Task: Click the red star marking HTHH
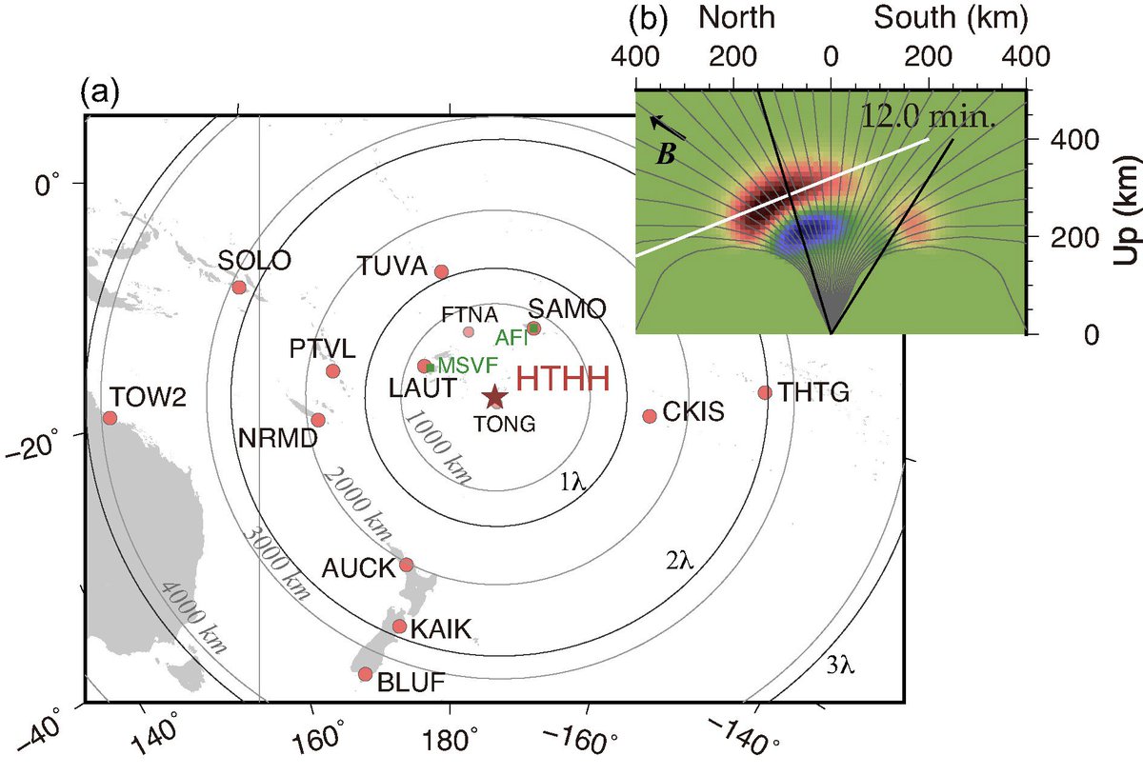pyautogui.click(x=494, y=396)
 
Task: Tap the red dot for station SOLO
pyautogui.click(x=238, y=288)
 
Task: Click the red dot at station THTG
pyautogui.click(x=765, y=392)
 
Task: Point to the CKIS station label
pyautogui.click(x=696, y=412)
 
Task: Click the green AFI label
pyautogui.click(x=510, y=336)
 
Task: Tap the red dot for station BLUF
pyautogui.click(x=365, y=674)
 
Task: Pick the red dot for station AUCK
pyautogui.click(x=406, y=565)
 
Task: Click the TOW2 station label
pyautogui.click(x=147, y=395)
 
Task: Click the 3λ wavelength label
pyautogui.click(x=842, y=666)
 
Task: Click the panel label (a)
pyautogui.click(x=100, y=91)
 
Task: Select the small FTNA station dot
pyautogui.click(x=468, y=331)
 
